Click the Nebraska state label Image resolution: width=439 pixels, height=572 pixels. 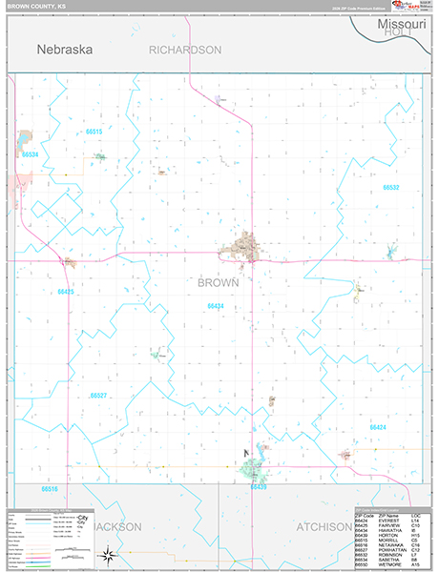65,49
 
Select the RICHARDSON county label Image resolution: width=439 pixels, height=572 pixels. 185,49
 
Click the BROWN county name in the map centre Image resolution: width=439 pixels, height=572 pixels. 219,282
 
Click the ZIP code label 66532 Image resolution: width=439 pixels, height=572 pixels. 390,188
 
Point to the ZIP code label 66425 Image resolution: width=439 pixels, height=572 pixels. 65,291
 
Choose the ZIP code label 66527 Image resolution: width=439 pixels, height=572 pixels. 98,395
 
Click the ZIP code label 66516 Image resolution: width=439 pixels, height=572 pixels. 50,488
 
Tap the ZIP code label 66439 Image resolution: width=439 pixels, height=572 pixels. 258,486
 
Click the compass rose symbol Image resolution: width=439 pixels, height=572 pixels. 110,554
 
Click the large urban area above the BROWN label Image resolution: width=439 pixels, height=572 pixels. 244,248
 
